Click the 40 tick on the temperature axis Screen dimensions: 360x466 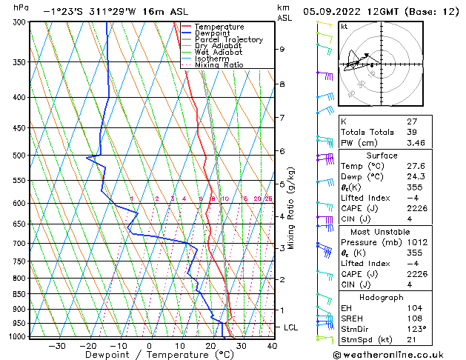click(x=272, y=345)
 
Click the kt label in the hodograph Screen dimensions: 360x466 click(x=344, y=26)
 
